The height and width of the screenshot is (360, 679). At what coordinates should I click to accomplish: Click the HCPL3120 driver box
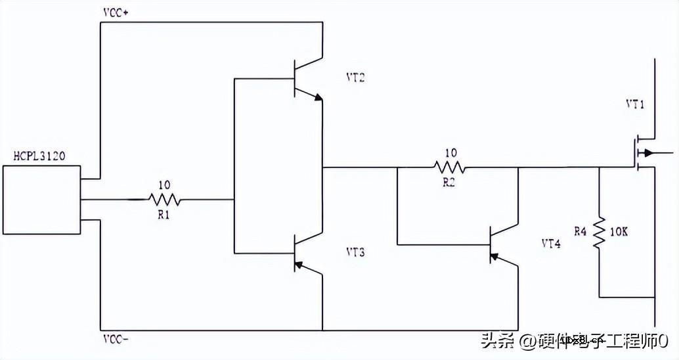click(x=41, y=200)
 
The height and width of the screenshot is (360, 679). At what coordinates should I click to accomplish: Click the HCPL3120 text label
click(x=40, y=156)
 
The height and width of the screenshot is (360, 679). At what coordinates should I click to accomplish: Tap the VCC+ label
click(x=116, y=13)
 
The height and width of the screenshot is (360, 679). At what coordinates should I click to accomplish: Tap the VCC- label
click(x=116, y=339)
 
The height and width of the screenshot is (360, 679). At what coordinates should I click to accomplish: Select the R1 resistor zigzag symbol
click(x=164, y=199)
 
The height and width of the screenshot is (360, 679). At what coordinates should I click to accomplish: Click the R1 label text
click(x=163, y=214)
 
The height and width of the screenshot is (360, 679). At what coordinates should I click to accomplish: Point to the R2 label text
click(x=449, y=182)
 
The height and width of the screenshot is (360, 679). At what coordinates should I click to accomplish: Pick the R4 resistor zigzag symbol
click(x=599, y=234)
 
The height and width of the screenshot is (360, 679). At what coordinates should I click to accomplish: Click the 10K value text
click(x=619, y=232)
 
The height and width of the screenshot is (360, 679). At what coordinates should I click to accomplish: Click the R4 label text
click(x=580, y=231)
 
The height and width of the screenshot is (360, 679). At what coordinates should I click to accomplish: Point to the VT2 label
click(x=355, y=78)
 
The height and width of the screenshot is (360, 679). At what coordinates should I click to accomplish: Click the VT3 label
click(x=355, y=252)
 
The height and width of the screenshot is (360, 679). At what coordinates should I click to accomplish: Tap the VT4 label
click(x=550, y=243)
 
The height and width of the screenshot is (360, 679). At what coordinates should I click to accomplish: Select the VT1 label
click(x=636, y=104)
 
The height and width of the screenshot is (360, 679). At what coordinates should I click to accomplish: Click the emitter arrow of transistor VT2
click(x=318, y=99)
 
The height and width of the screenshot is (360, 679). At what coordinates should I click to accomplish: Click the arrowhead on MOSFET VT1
click(x=649, y=154)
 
